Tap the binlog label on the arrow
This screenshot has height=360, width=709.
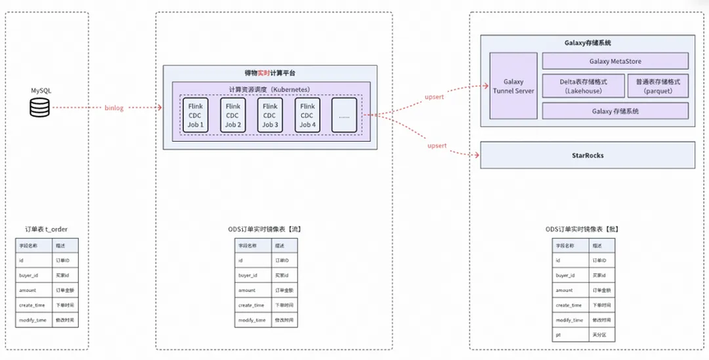pos(115,107)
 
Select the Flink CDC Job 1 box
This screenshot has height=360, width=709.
pos(196,116)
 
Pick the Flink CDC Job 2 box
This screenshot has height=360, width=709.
pos(233,116)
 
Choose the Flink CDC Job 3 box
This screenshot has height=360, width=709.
pos(270,116)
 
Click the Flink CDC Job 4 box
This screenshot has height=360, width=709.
pos(308,116)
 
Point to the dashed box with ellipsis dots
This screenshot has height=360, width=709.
pos(344,116)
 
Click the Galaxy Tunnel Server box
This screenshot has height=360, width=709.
pos(513,86)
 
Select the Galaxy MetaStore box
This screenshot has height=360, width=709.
pos(615,61)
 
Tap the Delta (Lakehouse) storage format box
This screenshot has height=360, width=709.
pos(583,86)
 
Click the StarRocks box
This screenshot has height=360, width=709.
pos(583,154)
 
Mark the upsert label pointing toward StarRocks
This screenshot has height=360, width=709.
pos(437,145)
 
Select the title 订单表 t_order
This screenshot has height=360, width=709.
pos(46,230)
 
